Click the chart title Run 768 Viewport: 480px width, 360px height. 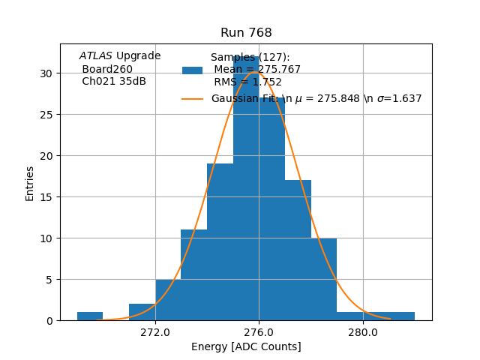click(x=246, y=33)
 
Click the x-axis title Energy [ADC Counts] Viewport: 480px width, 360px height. click(x=246, y=346)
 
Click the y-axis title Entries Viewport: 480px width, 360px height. click(x=30, y=183)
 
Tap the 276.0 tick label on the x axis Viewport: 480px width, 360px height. click(x=259, y=331)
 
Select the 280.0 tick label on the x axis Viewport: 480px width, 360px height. click(x=363, y=331)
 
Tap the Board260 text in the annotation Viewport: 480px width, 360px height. click(x=107, y=69)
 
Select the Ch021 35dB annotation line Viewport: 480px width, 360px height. click(x=114, y=81)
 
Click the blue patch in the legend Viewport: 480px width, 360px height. click(x=192, y=70)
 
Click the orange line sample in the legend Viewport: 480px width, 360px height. click(x=192, y=99)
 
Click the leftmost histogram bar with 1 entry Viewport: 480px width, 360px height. click(x=90, y=316)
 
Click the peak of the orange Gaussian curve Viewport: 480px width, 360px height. click(x=257, y=72)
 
